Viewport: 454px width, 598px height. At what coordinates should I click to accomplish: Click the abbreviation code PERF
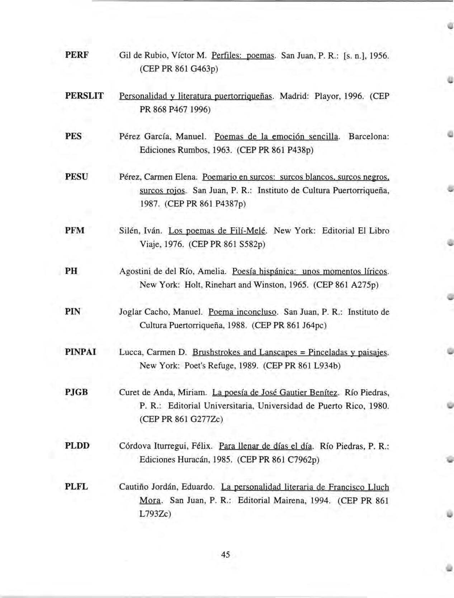[76, 55]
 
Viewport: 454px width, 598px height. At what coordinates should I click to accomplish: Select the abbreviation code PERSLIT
[84, 96]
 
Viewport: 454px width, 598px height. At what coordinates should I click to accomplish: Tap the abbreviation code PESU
[76, 176]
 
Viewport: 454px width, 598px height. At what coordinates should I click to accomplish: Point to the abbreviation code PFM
[75, 230]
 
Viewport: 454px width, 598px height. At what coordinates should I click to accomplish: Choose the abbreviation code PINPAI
[80, 352]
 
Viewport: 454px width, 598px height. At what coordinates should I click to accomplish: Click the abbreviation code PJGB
[76, 392]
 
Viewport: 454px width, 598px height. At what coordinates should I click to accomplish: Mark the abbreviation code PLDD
[77, 446]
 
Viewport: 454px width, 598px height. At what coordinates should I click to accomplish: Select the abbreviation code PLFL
[76, 487]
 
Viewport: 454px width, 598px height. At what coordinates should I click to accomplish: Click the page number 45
[226, 554]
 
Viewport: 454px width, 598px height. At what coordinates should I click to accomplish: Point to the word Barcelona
[369, 136]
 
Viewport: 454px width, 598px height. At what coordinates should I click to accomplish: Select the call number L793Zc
[155, 513]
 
